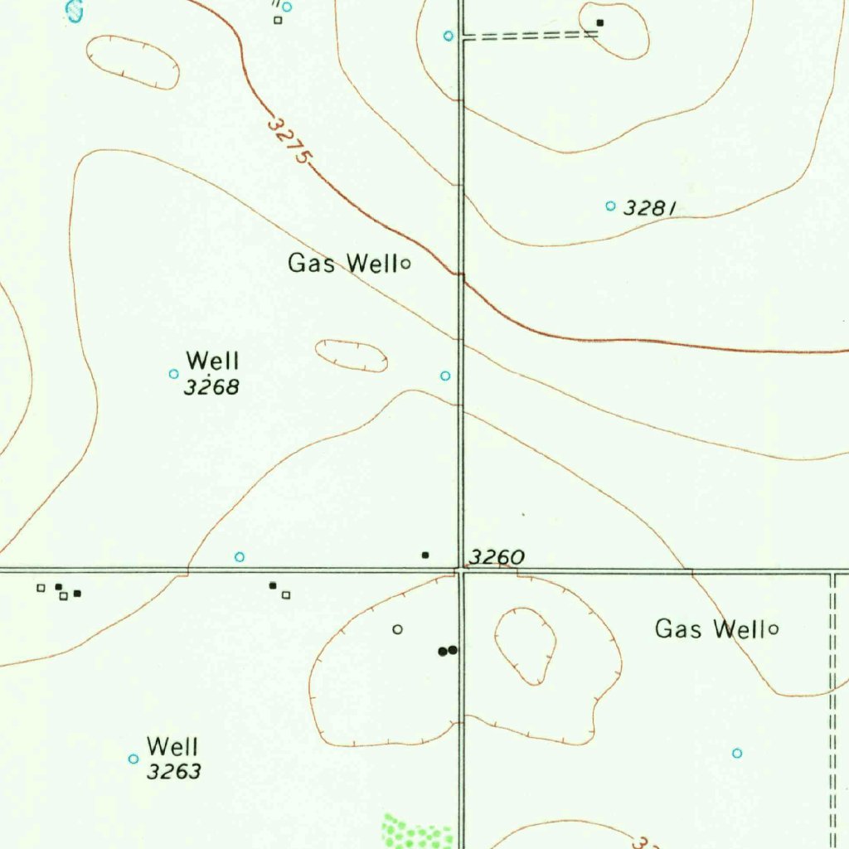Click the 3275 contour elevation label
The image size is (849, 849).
(x=289, y=139)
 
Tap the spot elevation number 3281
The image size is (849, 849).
(x=649, y=207)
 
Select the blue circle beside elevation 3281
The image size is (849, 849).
(x=611, y=206)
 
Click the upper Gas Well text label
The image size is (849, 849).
(x=343, y=264)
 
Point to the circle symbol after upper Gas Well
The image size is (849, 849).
(x=406, y=264)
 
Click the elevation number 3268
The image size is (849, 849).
(x=211, y=386)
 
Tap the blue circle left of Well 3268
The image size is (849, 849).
(x=173, y=374)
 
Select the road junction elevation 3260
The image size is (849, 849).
(x=497, y=557)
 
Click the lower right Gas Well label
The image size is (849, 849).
(x=710, y=629)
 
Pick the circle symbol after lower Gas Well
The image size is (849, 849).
(x=774, y=629)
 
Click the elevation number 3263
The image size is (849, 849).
(x=173, y=772)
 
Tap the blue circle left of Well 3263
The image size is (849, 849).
(x=133, y=759)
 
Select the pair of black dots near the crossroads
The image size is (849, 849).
(x=448, y=651)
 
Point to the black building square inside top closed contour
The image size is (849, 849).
(x=600, y=22)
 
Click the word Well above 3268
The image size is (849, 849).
(x=213, y=361)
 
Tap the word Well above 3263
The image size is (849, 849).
(x=172, y=746)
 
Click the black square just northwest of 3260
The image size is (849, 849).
(x=425, y=555)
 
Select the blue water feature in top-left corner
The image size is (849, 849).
(x=75, y=10)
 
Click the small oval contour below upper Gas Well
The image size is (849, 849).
(x=352, y=356)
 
